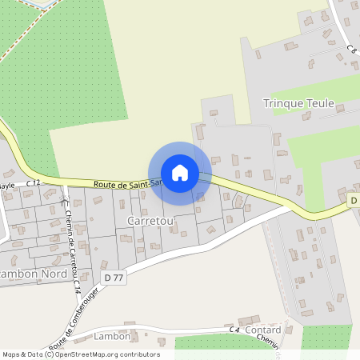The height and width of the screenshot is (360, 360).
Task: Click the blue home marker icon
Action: click(x=180, y=173)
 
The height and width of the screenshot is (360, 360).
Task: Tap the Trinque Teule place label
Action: click(x=298, y=103)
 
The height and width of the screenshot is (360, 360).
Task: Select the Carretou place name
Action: click(x=144, y=218)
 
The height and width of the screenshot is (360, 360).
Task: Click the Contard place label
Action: click(x=263, y=330)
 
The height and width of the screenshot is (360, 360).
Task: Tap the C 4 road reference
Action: click(x=234, y=330)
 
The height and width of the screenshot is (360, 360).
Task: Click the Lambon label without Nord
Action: click(x=111, y=336)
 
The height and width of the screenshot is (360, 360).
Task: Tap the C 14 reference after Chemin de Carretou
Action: click(x=78, y=285)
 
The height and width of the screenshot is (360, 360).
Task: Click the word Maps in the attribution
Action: click(x=12, y=354)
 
